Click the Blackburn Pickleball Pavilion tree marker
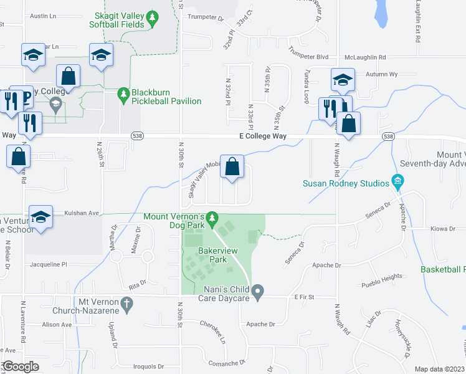point(123,93)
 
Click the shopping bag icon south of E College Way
point(232,167)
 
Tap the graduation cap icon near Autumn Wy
point(343,80)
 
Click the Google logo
point(21,367)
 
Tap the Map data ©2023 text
point(439,369)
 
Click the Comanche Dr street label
point(224,363)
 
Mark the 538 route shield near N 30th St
point(137,136)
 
